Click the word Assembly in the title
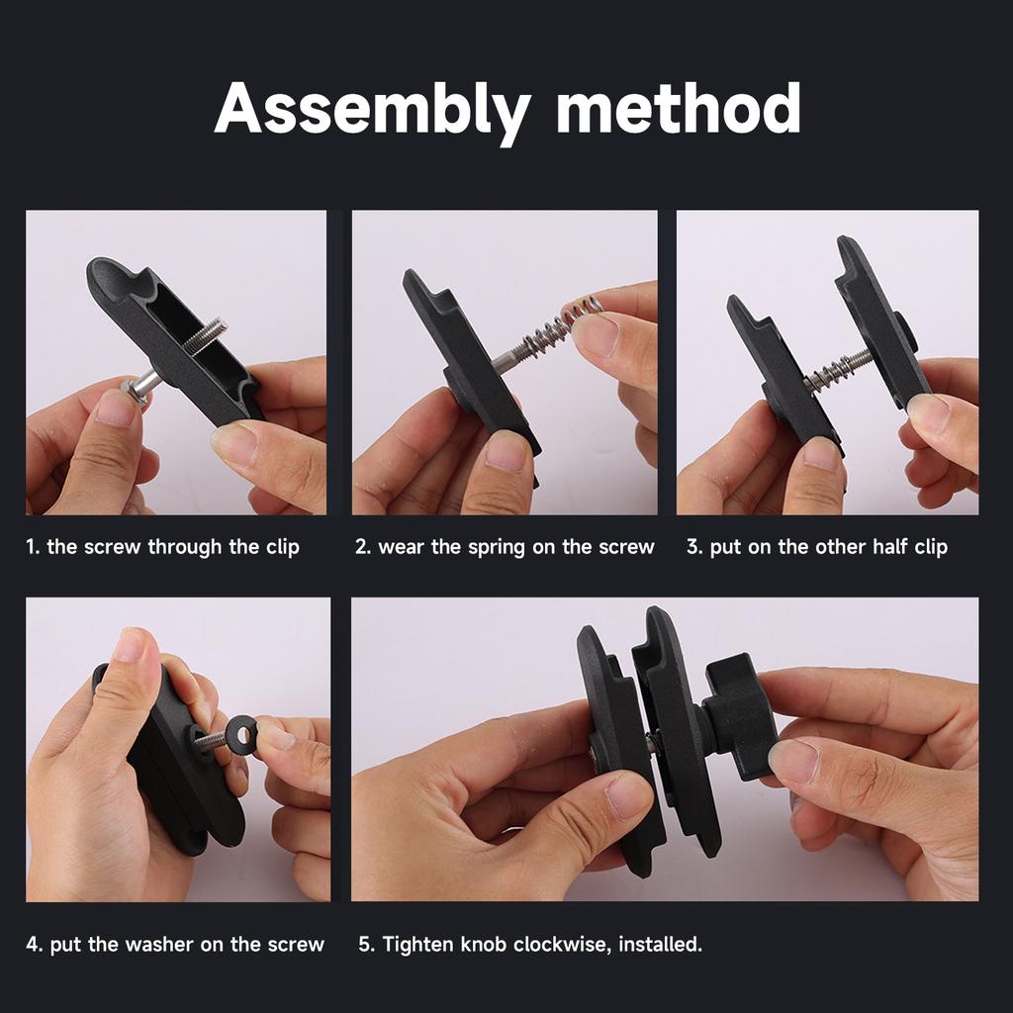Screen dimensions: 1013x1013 click(x=373, y=111)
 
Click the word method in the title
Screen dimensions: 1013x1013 click(x=679, y=108)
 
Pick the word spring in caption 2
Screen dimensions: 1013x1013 click(x=497, y=548)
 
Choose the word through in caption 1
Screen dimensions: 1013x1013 click(x=185, y=548)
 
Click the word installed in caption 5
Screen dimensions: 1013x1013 click(x=660, y=945)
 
